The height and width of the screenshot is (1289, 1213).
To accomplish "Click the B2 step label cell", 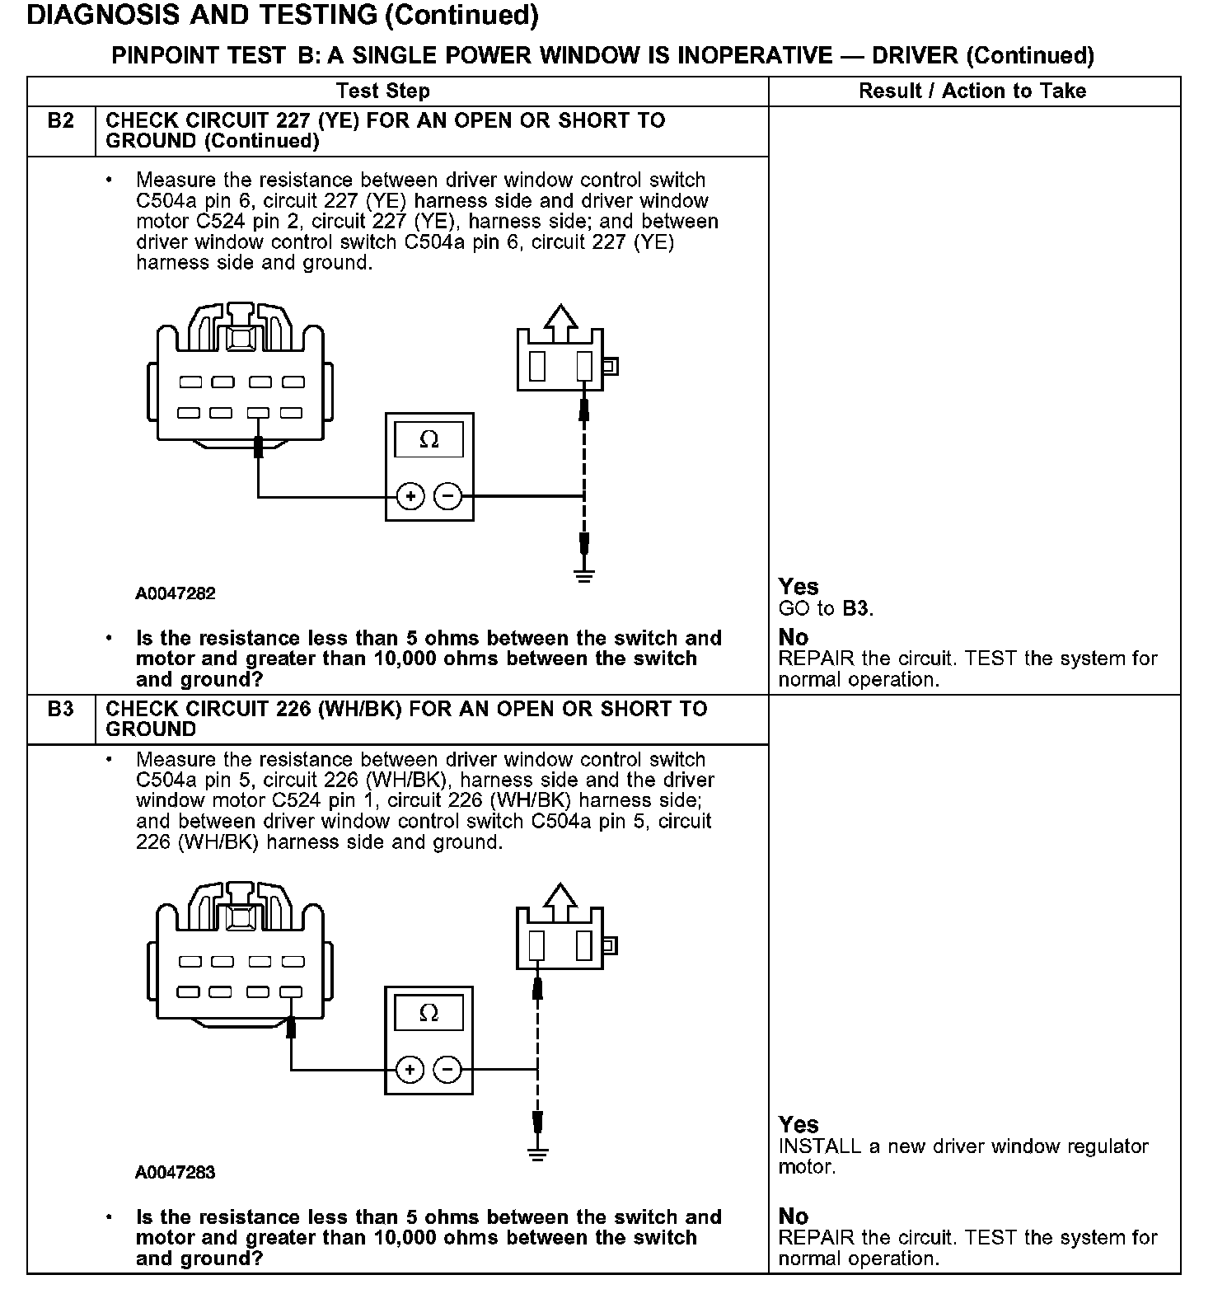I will [61, 122].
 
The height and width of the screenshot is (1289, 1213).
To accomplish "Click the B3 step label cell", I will [61, 710].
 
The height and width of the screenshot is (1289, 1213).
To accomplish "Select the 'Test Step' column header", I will [383, 91].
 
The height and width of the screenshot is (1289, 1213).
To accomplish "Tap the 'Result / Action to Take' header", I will [972, 91].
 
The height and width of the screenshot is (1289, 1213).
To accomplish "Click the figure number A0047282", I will [176, 594].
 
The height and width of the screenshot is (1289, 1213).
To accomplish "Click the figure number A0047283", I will [176, 1173].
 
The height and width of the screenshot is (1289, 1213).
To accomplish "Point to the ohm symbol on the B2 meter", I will [429, 439].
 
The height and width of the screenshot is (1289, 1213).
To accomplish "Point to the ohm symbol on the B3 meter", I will [429, 1013].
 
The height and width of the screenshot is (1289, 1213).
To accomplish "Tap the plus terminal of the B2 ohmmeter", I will [410, 496].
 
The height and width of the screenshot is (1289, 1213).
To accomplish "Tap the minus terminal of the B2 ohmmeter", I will [447, 496].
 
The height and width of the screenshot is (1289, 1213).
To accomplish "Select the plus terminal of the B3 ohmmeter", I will [410, 1070].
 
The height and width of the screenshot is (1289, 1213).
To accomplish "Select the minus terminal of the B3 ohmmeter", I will [447, 1070].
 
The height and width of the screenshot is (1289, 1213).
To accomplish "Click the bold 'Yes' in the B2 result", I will [799, 587].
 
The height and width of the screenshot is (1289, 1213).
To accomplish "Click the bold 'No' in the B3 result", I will [794, 1216].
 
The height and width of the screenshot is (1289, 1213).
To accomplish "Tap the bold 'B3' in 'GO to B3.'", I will [855, 609].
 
